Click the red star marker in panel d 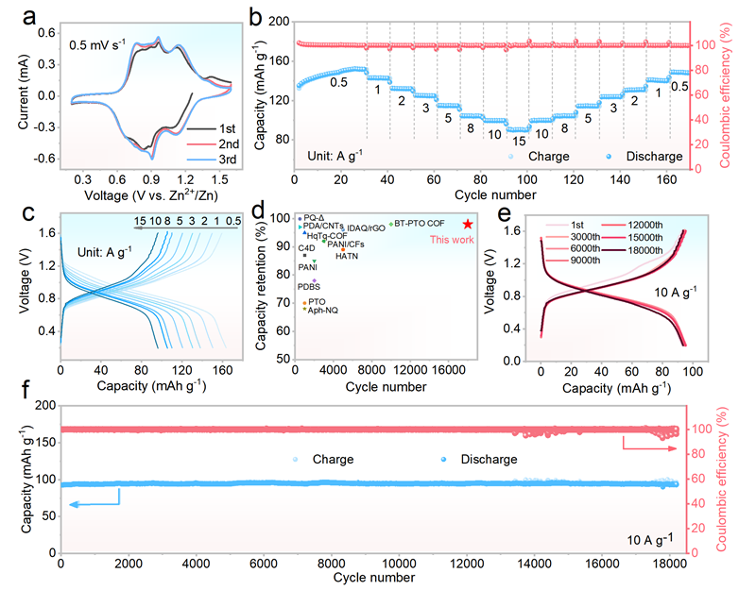pos(468,224)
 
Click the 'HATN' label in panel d pos(347,256)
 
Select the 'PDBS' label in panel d pos(309,286)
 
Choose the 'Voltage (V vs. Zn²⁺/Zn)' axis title pos(152,198)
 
